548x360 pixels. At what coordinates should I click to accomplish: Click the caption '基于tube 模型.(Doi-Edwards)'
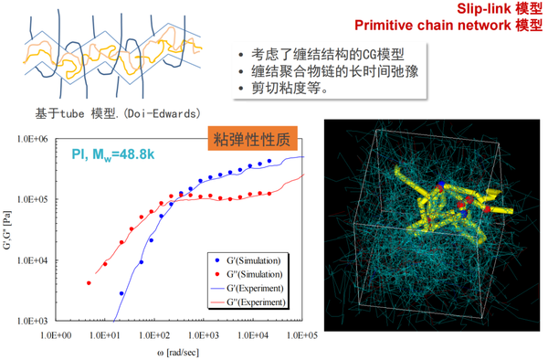[114, 114]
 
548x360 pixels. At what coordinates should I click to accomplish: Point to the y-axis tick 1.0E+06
[33, 139]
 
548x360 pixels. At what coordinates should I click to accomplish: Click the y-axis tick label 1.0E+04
[33, 260]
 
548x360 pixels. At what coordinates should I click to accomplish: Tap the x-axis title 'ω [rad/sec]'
[180, 353]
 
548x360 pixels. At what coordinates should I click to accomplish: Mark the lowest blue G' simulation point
[121, 293]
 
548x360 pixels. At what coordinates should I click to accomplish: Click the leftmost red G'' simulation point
[89, 283]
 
